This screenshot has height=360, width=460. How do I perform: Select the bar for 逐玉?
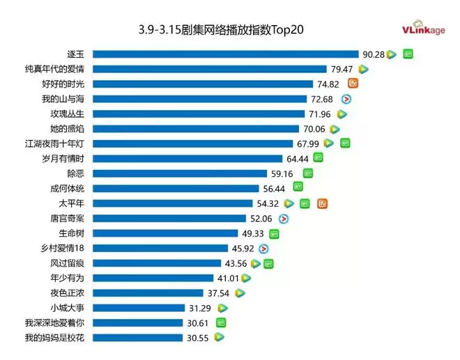coord(225,54)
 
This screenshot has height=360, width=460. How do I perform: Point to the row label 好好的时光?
coord(62,84)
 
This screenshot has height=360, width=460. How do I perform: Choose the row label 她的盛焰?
coord(68,129)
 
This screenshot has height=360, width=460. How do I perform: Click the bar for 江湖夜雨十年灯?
coord(192,144)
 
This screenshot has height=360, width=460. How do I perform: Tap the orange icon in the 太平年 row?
coord(322,204)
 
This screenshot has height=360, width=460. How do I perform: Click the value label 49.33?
coord(252,234)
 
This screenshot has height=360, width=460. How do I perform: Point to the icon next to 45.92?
coord(263,249)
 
